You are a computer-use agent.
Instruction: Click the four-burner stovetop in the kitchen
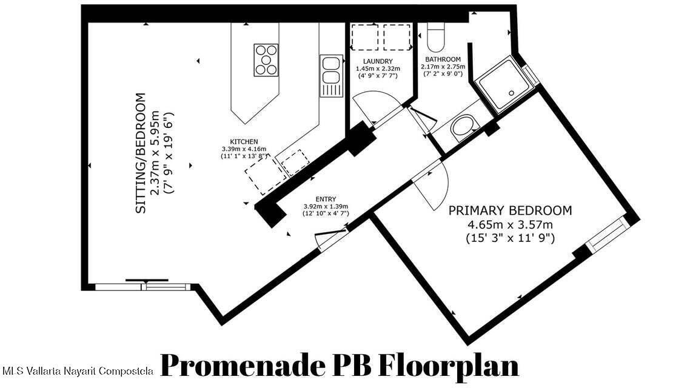(266, 60)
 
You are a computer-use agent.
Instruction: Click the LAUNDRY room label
(378, 61)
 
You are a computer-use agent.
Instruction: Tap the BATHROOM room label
(443, 59)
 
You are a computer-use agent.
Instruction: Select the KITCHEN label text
(244, 142)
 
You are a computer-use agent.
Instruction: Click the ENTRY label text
(326, 199)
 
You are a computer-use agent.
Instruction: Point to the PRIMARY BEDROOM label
(510, 210)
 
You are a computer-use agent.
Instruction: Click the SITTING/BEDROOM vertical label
(140, 153)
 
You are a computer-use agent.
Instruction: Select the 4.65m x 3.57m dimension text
(510, 225)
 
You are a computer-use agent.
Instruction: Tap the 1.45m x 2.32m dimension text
(378, 69)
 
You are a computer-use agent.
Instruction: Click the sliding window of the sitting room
(143, 287)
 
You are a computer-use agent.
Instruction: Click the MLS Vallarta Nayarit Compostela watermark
(78, 371)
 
